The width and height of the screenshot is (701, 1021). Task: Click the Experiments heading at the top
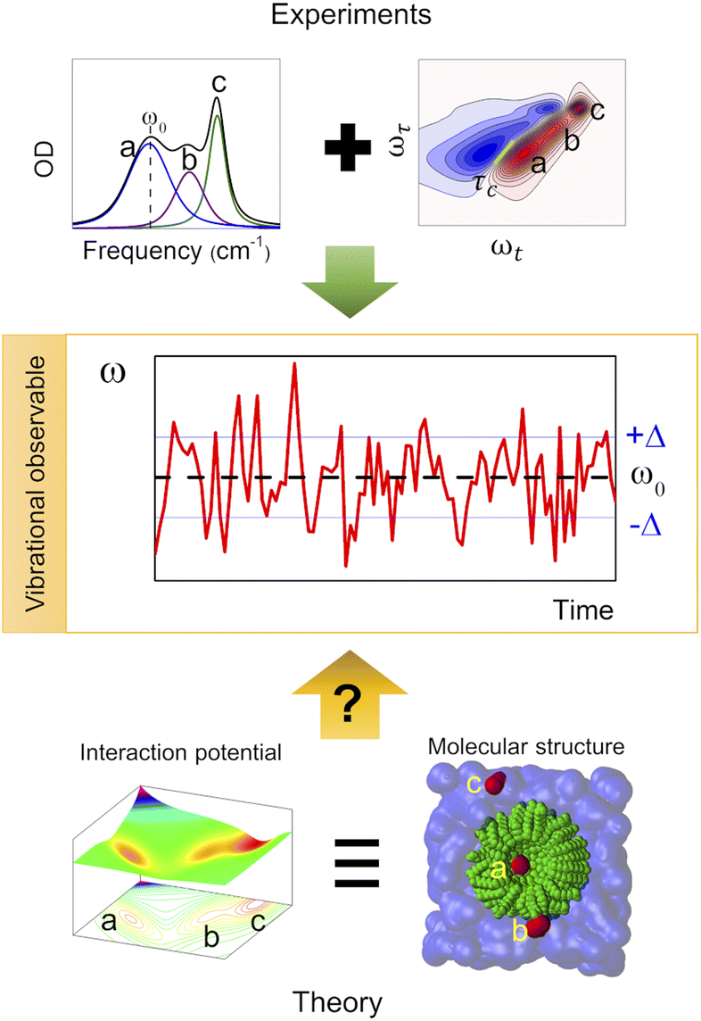(350, 17)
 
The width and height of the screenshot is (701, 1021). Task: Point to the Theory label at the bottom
(350, 1001)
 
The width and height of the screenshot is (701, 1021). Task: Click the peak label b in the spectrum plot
(187, 159)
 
